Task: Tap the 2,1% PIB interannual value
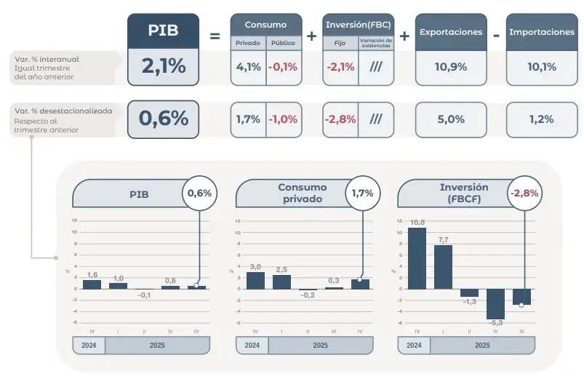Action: [163, 67]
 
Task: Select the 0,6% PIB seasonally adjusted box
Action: [163, 119]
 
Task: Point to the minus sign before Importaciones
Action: [495, 34]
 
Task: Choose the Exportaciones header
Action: [451, 32]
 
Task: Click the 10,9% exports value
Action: [451, 67]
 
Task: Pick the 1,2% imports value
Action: [541, 119]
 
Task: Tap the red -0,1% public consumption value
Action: [283, 67]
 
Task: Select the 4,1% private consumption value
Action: [248, 67]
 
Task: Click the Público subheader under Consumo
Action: [283, 43]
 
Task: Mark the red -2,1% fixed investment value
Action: [340, 67]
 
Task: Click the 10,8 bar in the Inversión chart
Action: [417, 258]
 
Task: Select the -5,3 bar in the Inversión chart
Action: [495, 303]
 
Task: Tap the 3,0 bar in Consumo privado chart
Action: [255, 280]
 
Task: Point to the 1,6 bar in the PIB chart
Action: [92, 284]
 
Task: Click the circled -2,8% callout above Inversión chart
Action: [524, 194]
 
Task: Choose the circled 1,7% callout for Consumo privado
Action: [361, 194]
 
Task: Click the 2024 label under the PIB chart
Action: [89, 345]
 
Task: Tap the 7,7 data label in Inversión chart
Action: [443, 239]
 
